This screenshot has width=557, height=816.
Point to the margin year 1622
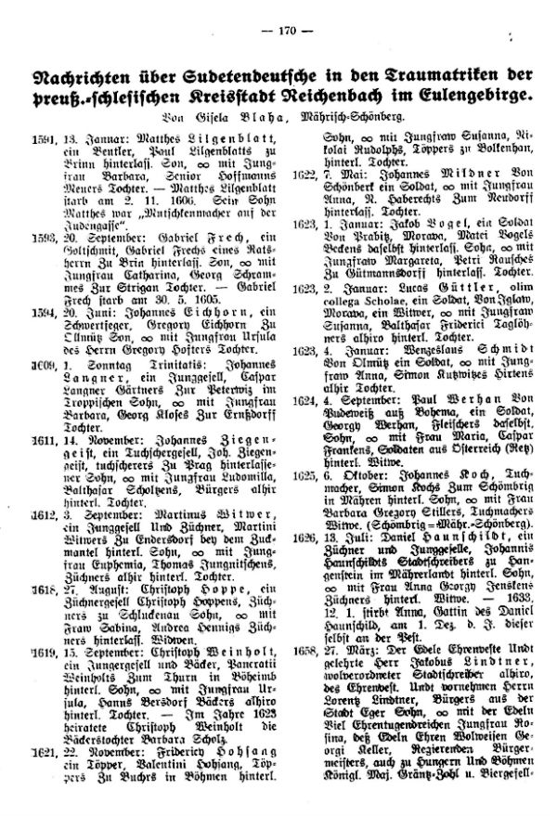307,173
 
